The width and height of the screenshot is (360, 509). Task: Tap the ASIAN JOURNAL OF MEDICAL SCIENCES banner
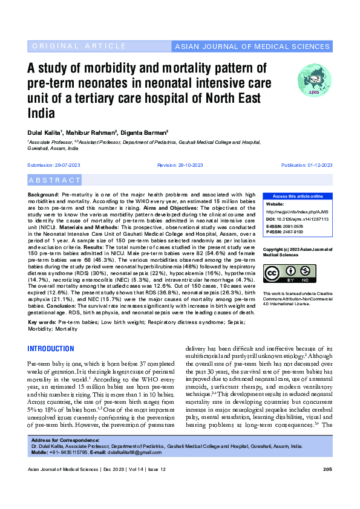(x=252, y=47)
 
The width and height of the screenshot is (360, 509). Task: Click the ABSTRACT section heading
(x=55, y=180)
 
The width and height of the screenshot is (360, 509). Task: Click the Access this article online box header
(x=297, y=196)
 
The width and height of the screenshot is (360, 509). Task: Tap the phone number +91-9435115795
(x=71, y=452)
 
